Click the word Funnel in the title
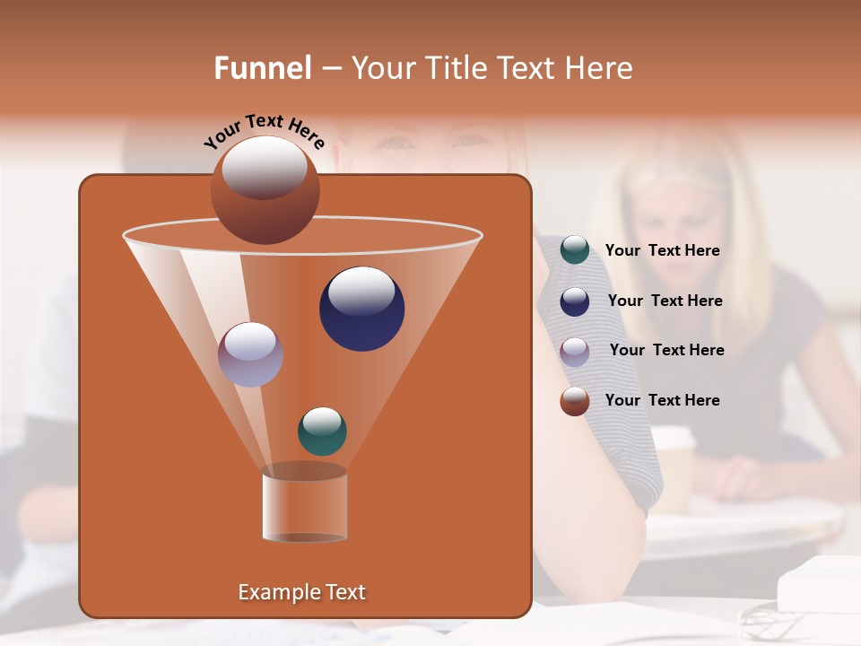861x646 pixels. pyautogui.click(x=263, y=68)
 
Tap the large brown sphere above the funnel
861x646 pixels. pyautogui.click(x=265, y=190)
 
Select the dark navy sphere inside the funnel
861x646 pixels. pyautogui.click(x=361, y=309)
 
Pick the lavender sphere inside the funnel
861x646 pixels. pyautogui.click(x=251, y=354)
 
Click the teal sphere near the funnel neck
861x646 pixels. pyautogui.click(x=322, y=431)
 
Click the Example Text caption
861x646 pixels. pyautogui.click(x=301, y=592)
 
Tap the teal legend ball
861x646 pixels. pyautogui.click(x=575, y=250)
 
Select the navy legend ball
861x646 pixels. pyautogui.click(x=575, y=301)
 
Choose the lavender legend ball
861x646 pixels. pyautogui.click(x=575, y=351)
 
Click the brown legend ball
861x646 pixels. pyautogui.click(x=575, y=401)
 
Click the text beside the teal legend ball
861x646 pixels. pyautogui.click(x=662, y=250)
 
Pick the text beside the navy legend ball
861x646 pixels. pyautogui.click(x=665, y=301)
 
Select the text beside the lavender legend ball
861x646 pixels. pyautogui.click(x=666, y=350)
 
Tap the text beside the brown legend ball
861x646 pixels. pyautogui.click(x=662, y=400)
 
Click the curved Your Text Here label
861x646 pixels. pyautogui.click(x=264, y=131)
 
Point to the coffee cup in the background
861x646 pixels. pyautogui.click(x=673, y=467)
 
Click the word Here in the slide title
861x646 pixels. pyautogui.click(x=598, y=68)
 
